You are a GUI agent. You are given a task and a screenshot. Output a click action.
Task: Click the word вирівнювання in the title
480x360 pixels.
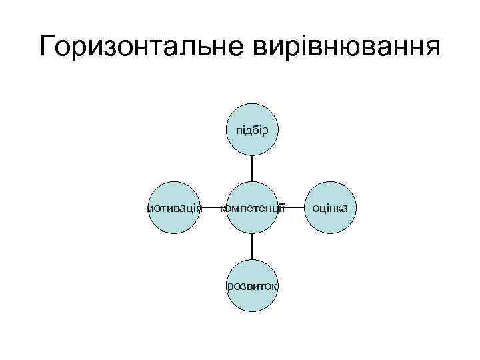pyautogui.click(x=343, y=48)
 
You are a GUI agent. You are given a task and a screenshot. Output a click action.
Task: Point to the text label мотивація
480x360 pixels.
pyautogui.click(x=174, y=208)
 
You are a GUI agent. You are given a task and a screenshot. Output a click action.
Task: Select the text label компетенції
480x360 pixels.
pyautogui.click(x=254, y=208)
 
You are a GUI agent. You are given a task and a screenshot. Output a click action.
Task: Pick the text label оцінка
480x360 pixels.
pyautogui.click(x=330, y=208)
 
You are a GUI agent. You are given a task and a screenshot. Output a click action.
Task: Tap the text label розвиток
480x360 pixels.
pyautogui.click(x=253, y=286)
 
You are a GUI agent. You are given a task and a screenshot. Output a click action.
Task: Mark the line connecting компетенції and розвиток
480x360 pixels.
pyautogui.click(x=253, y=246)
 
